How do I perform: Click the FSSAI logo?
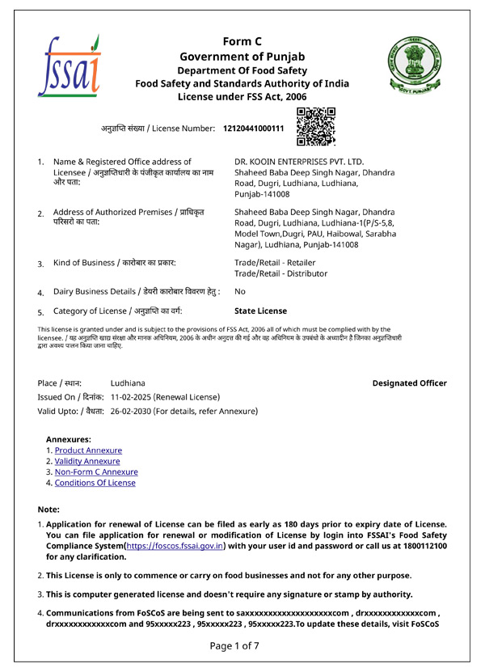69,66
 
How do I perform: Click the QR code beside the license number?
316,125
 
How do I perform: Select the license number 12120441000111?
254,129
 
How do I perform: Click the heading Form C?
242,41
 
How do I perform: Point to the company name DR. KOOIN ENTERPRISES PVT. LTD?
299,162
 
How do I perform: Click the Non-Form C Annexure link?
96,472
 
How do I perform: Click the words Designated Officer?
409,383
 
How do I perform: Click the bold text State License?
260,311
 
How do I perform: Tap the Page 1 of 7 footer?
234,645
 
